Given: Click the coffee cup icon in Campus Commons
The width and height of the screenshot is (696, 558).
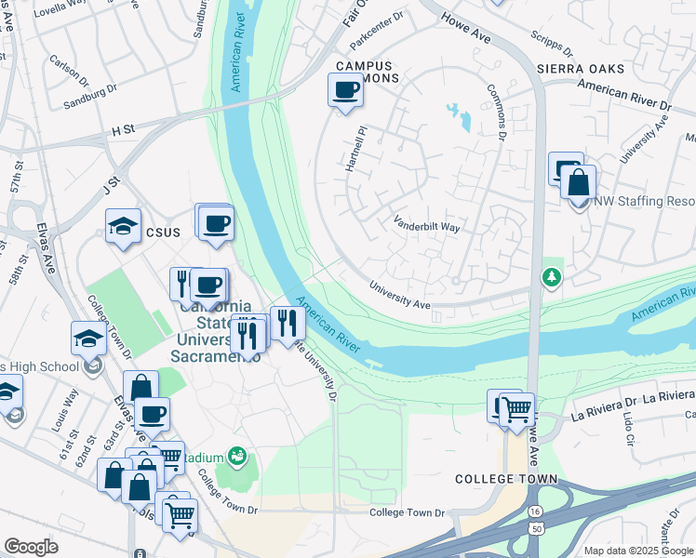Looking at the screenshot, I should (345, 90).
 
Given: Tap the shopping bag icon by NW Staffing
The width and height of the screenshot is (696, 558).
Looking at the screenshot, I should (578, 183).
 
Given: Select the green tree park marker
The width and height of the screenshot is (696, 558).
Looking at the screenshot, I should (552, 277).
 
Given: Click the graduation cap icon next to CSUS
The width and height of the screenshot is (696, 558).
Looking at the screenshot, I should (123, 227).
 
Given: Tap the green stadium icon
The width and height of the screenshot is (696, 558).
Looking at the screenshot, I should (238, 456).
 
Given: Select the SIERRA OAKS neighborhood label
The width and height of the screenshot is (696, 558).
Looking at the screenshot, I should (582, 69).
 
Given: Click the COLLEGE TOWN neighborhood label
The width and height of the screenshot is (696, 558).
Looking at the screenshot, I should (505, 479).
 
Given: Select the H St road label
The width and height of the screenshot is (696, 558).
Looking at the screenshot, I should (123, 131).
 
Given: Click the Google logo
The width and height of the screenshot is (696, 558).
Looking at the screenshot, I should (31, 546).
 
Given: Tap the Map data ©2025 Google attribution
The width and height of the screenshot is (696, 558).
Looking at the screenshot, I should (637, 551).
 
